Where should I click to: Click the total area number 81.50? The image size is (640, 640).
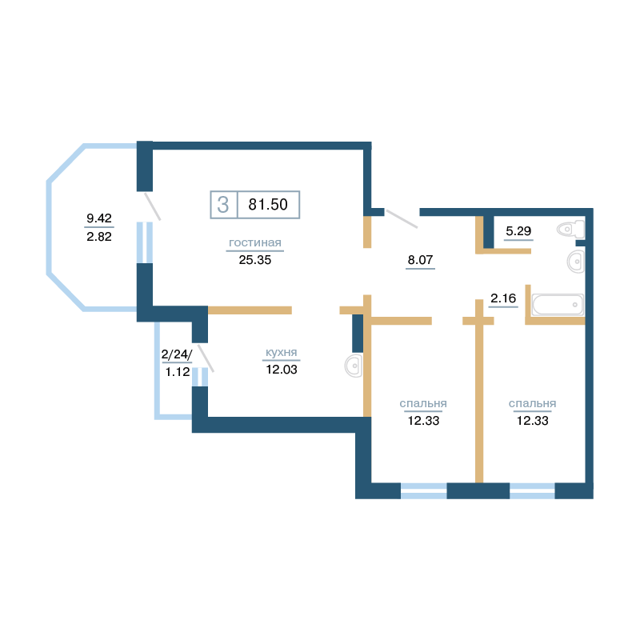click(x=268, y=204)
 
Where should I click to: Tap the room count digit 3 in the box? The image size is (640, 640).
click(x=223, y=205)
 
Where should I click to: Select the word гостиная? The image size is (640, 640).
click(x=255, y=243)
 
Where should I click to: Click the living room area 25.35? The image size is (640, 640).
click(x=255, y=260)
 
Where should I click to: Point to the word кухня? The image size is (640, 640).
click(x=282, y=352)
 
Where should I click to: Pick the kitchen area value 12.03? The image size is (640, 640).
click(x=282, y=370)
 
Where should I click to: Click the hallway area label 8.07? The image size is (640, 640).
click(x=421, y=259)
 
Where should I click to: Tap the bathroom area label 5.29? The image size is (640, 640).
click(x=518, y=231)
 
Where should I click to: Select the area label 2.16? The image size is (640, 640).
click(x=503, y=298)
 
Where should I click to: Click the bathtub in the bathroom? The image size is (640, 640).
click(x=558, y=305)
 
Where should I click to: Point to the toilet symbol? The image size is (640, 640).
click(x=571, y=230)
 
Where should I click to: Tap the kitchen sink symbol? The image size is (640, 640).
click(x=354, y=366)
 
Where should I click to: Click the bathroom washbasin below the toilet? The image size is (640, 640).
click(x=576, y=262)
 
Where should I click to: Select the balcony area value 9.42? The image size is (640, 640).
click(x=99, y=218)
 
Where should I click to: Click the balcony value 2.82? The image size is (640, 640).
click(x=99, y=236)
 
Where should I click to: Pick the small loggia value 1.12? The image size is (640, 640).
click(x=178, y=372)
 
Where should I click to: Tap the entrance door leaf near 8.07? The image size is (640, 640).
click(x=402, y=218)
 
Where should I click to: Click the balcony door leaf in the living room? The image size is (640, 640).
click(x=153, y=206)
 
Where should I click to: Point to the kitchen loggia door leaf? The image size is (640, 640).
click(x=206, y=358)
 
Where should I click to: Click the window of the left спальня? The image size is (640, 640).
click(x=424, y=490)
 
